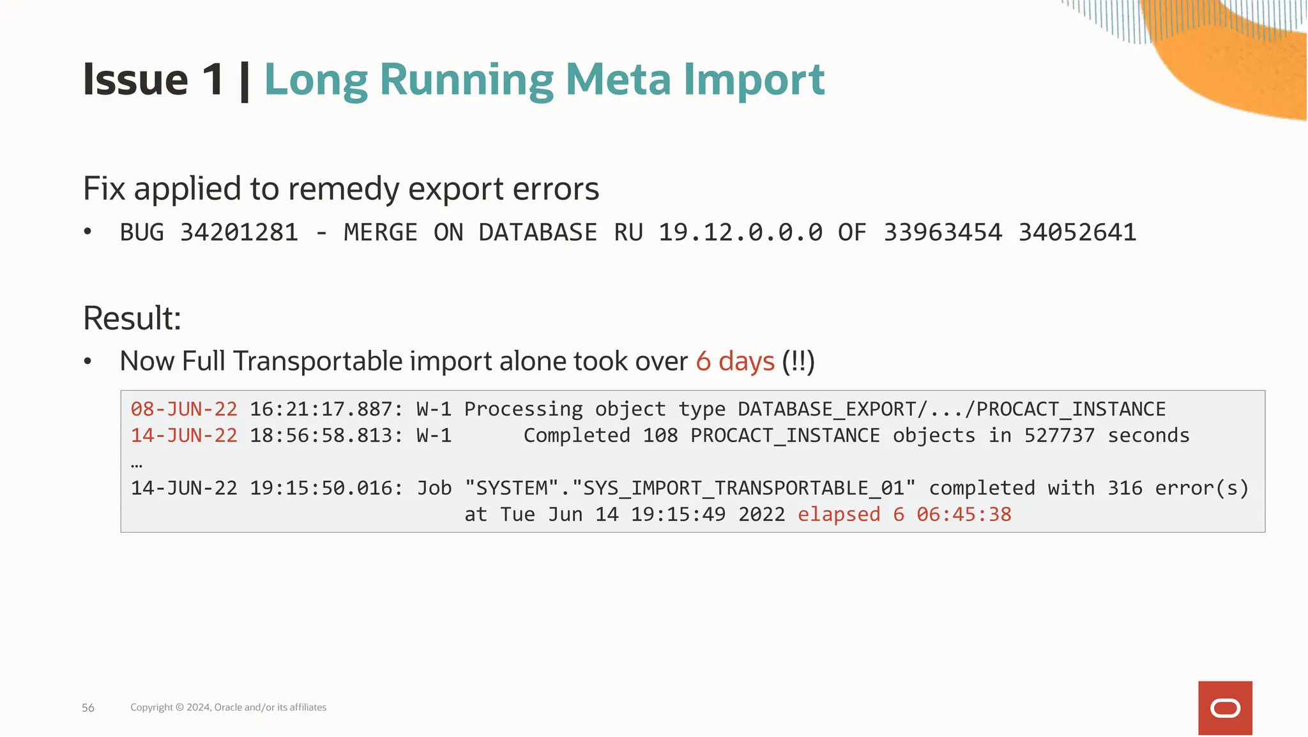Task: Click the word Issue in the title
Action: point(135,80)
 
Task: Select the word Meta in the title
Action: point(618,80)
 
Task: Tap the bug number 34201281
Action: point(239,232)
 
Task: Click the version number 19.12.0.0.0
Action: point(740,232)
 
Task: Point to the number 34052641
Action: point(1077,232)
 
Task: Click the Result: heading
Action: point(132,318)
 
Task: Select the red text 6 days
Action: point(735,361)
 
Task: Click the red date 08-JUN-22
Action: point(184,409)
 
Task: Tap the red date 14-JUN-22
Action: point(184,436)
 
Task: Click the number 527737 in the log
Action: point(1059,436)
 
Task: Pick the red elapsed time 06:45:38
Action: point(964,515)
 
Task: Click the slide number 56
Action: point(88,708)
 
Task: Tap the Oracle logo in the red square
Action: point(1225,708)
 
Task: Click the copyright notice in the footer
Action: point(228,708)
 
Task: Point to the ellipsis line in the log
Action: point(137,464)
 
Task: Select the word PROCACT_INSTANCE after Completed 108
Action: point(785,436)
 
